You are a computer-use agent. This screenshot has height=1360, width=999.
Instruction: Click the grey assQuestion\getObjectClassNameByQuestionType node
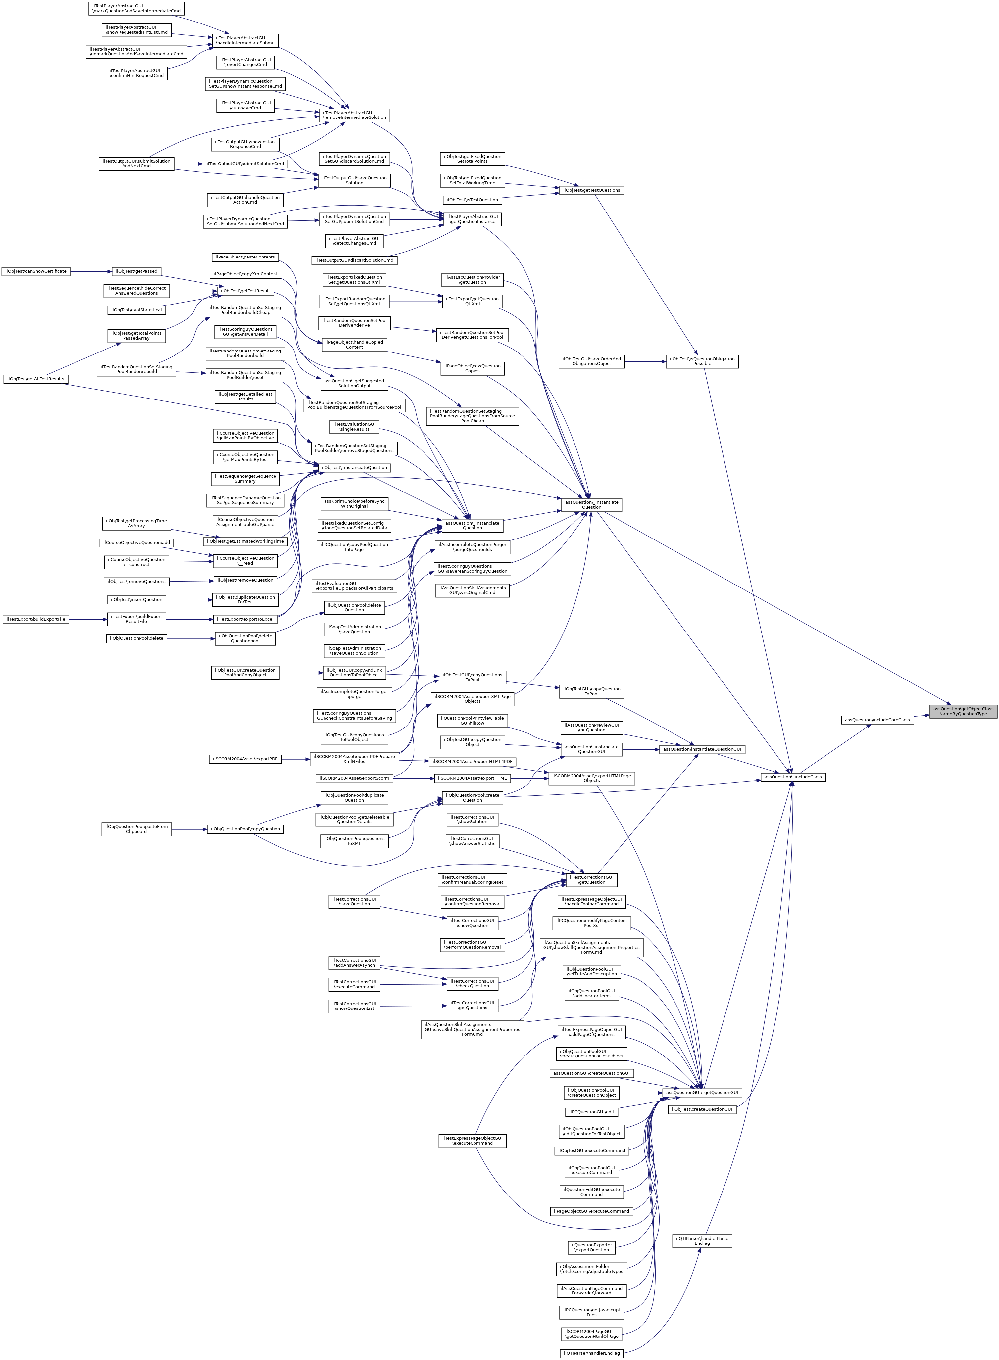click(x=963, y=711)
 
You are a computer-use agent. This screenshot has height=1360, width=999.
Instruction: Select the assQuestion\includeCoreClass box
click(x=877, y=719)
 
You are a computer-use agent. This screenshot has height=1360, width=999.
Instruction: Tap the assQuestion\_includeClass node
click(x=793, y=777)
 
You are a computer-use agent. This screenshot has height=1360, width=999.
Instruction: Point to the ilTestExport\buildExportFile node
click(x=36, y=619)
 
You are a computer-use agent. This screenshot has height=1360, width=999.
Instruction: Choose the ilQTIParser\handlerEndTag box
click(x=591, y=1353)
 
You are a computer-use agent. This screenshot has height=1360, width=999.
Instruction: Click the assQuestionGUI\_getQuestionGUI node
click(x=701, y=1092)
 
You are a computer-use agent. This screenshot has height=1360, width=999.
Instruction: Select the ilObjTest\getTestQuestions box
click(x=591, y=190)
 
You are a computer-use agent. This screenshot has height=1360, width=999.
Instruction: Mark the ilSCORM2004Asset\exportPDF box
click(x=245, y=759)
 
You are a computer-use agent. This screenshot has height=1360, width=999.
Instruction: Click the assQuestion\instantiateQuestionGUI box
click(x=701, y=749)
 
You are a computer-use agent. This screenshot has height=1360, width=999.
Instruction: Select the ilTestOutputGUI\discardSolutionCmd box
click(x=354, y=260)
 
